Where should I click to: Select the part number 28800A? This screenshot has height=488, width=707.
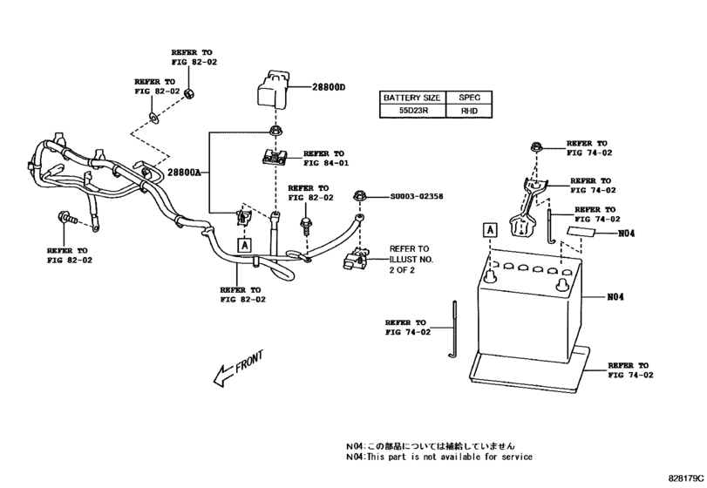click(184, 173)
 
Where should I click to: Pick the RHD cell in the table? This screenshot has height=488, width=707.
click(469, 112)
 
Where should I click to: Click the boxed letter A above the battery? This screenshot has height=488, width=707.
click(491, 230)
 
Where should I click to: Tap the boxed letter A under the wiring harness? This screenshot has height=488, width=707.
click(245, 245)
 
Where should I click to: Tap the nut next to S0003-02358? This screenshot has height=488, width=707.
click(358, 197)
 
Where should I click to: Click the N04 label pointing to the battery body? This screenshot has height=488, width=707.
click(616, 296)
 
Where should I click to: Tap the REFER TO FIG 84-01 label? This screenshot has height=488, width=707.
click(325, 158)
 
